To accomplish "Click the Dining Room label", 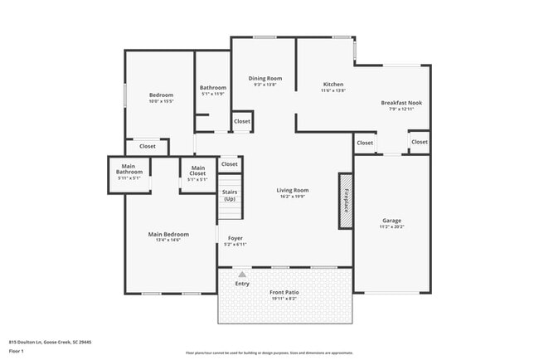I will [x=265, y=79].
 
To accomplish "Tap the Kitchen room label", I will [x=333, y=85].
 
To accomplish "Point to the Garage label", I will [x=391, y=221].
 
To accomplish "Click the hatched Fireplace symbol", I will [x=346, y=201].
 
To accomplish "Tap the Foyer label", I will [x=236, y=239].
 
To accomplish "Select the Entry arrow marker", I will [x=241, y=273].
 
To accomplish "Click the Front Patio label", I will [x=283, y=293].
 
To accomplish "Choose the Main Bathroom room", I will [x=128, y=172].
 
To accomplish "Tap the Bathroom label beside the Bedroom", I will [x=213, y=88].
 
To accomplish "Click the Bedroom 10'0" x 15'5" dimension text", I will [x=161, y=102].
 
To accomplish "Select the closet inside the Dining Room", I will [x=242, y=121].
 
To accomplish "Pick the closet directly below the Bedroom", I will [x=147, y=146].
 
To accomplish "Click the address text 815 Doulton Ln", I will [x=50, y=341].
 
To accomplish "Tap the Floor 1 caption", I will [x=16, y=351].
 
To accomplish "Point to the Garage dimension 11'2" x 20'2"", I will [x=391, y=226].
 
